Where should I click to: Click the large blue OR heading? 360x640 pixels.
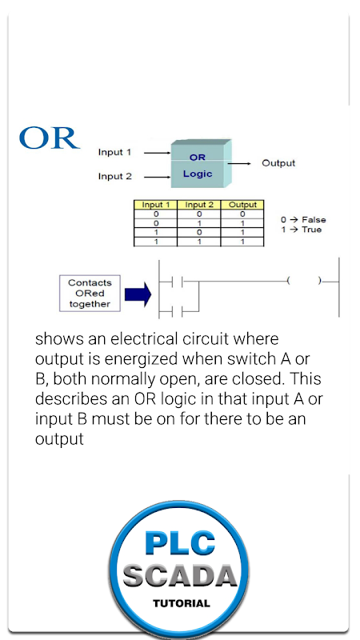click(50, 138)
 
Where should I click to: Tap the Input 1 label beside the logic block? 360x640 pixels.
click(114, 152)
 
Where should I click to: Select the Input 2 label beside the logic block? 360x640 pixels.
click(114, 176)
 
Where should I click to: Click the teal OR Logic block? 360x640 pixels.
click(201, 164)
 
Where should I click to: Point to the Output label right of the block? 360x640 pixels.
click(278, 163)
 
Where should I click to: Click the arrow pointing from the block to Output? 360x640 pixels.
click(239, 164)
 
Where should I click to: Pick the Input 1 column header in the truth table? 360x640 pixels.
click(155, 205)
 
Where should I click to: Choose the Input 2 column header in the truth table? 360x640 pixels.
click(199, 205)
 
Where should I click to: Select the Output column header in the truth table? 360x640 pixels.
click(242, 205)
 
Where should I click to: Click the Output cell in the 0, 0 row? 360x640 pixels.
click(242, 214)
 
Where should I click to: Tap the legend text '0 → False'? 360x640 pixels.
click(303, 220)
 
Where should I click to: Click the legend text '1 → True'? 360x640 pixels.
click(302, 230)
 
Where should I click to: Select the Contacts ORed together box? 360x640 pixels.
click(90, 294)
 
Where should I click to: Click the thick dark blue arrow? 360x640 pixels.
click(138, 294)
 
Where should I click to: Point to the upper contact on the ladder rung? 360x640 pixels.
click(178, 282)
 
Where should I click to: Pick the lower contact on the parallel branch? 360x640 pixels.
click(178, 312)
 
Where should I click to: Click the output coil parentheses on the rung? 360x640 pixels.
click(305, 281)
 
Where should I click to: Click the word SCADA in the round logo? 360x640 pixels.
click(179, 576)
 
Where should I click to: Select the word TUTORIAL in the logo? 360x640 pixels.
click(182, 603)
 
